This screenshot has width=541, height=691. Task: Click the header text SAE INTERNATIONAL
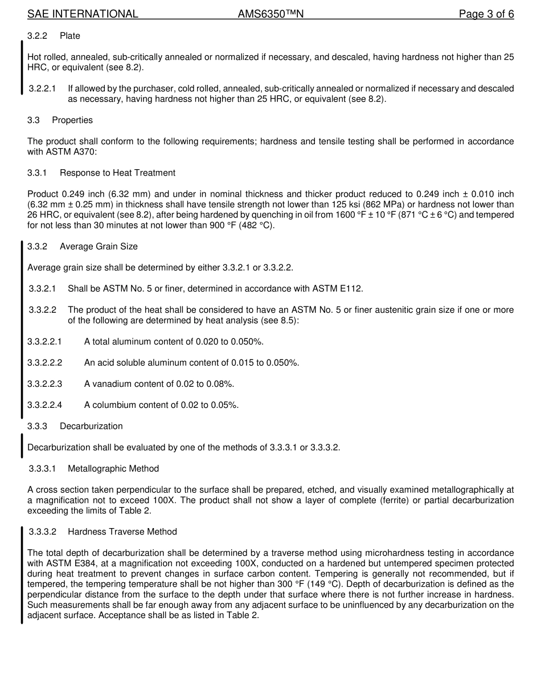pyautogui.click(x=83, y=14)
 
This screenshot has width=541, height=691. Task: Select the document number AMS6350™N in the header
pyautogui.click(x=270, y=14)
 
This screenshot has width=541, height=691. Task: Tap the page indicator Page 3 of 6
pyautogui.click(x=486, y=14)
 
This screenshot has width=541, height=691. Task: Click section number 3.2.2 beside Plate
pyautogui.click(x=37, y=36)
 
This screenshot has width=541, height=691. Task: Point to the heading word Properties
pyautogui.click(x=72, y=120)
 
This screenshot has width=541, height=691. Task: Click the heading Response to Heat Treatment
pyautogui.click(x=117, y=173)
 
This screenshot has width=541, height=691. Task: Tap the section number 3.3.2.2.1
pyautogui.click(x=45, y=342)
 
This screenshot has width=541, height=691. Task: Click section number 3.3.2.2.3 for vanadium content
pyautogui.click(x=45, y=384)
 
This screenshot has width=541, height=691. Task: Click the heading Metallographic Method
pyautogui.click(x=113, y=469)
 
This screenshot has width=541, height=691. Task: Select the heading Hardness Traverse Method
pyautogui.click(x=122, y=532)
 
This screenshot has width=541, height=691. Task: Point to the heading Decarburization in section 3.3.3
pyautogui.click(x=91, y=426)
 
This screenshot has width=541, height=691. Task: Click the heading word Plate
pyautogui.click(x=70, y=36)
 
